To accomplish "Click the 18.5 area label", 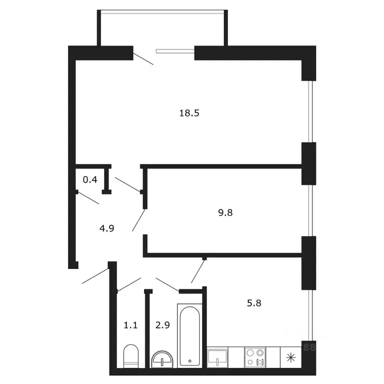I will pyautogui.click(x=189, y=113).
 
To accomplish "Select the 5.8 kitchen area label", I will pyautogui.click(x=255, y=302).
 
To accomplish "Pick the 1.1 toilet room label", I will pyautogui.click(x=130, y=325).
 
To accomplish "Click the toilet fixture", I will pyautogui.click(x=130, y=355).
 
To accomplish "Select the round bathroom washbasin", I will pyautogui.click(x=162, y=359).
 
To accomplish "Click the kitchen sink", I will pyautogui.click(x=218, y=357).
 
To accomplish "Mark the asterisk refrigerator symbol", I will pyautogui.click(x=289, y=358).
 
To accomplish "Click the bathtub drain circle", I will pyautogui.click(x=189, y=360).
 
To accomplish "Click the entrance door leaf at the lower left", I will pyautogui.click(x=96, y=275).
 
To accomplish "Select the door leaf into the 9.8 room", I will pyautogui.click(x=139, y=220).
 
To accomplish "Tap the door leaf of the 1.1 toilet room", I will pyautogui.click(x=128, y=285).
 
